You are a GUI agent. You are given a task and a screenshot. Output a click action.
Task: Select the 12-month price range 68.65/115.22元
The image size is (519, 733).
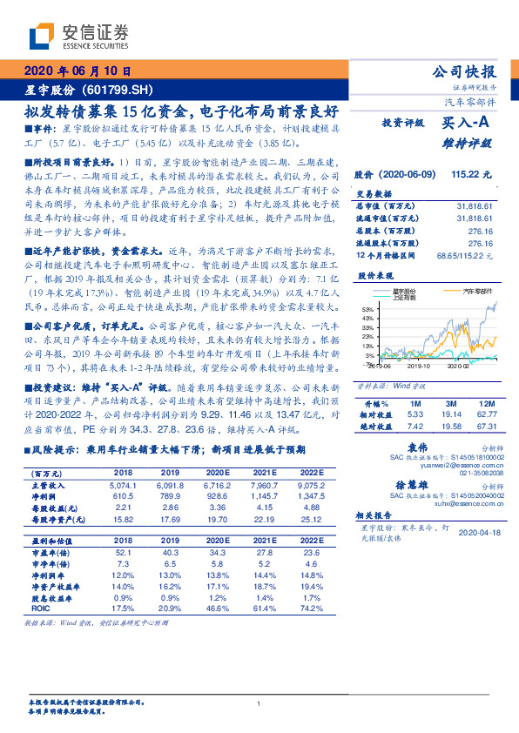[x=467, y=255]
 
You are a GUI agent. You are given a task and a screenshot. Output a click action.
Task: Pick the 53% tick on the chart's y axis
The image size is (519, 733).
[x=367, y=308]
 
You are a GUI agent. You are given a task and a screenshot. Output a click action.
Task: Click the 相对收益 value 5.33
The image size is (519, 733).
[x=415, y=415]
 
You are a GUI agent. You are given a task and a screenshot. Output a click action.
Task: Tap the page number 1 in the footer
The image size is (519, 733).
[x=259, y=704]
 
